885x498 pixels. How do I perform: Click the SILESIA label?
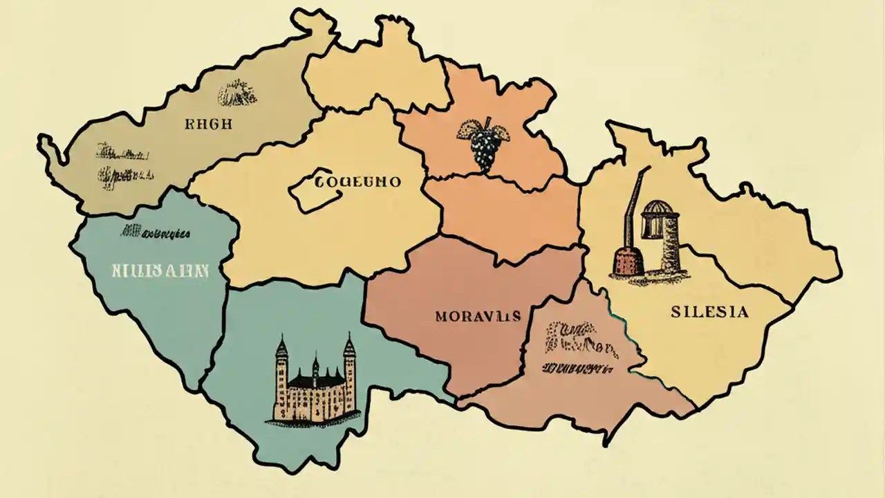pyautogui.click(x=709, y=312)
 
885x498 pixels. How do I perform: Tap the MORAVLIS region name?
pyautogui.click(x=478, y=317)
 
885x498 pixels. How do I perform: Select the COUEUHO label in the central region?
pyautogui.click(x=357, y=183)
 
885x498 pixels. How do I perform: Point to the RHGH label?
pyautogui.click(x=209, y=125)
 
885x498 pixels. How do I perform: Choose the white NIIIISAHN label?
pyautogui.click(x=160, y=270)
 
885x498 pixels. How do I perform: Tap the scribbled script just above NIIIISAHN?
pyautogui.click(x=156, y=233)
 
